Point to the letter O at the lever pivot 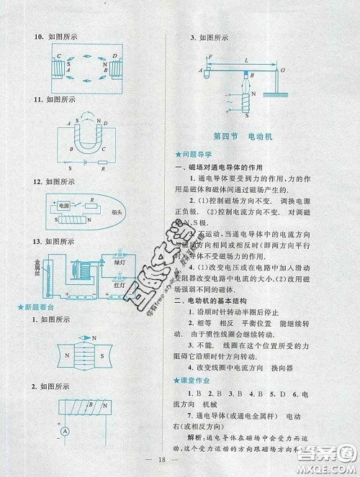pos(282,70)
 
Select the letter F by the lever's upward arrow pos(209,57)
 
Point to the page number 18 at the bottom pos(179,466)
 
